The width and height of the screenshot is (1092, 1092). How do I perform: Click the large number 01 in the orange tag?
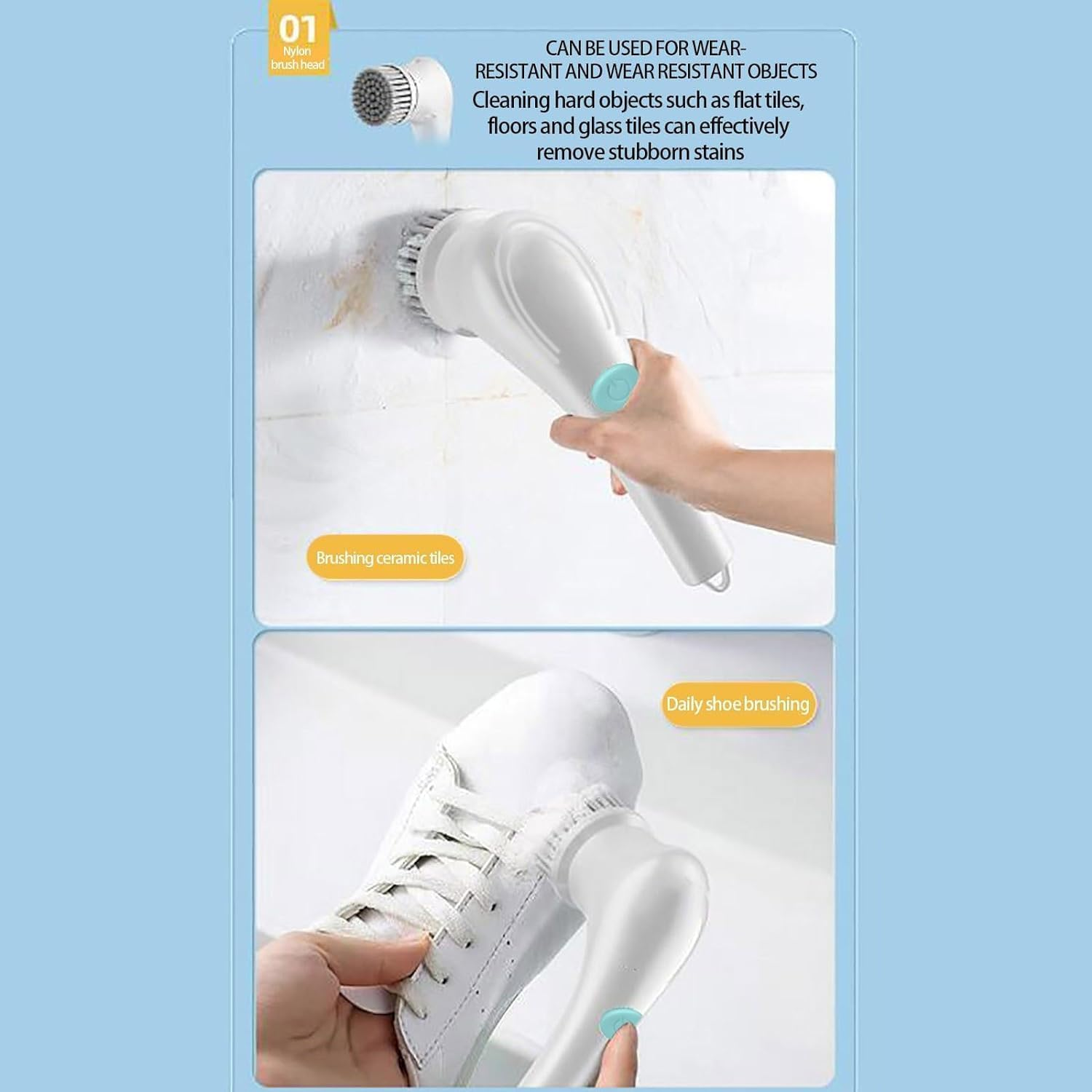(x=298, y=30)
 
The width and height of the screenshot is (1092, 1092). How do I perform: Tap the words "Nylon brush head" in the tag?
(x=298, y=58)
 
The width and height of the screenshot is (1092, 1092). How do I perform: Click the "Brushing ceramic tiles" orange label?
(x=385, y=558)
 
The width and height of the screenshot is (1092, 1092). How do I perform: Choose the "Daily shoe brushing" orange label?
(x=737, y=704)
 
